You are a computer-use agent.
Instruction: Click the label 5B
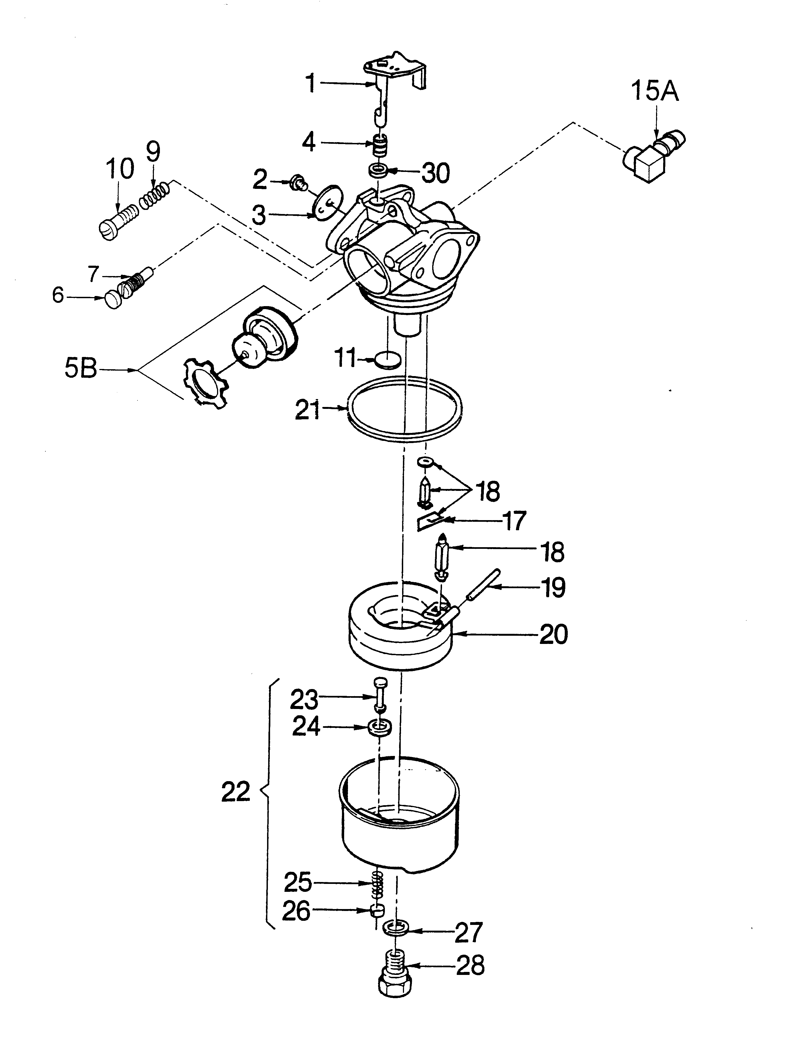tap(81, 369)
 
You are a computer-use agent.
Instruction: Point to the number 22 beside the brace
tap(236, 792)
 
